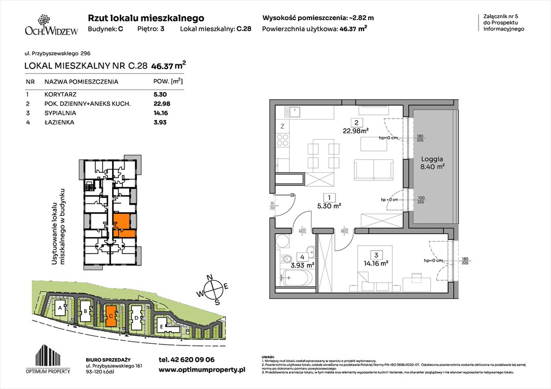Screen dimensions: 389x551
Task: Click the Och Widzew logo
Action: coord(51,25)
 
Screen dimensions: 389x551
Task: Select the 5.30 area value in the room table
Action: coord(160,94)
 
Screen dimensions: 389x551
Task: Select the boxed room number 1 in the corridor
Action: coord(329,198)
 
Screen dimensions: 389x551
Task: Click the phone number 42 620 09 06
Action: coord(187,360)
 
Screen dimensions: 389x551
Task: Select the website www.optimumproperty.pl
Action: coord(202,370)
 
